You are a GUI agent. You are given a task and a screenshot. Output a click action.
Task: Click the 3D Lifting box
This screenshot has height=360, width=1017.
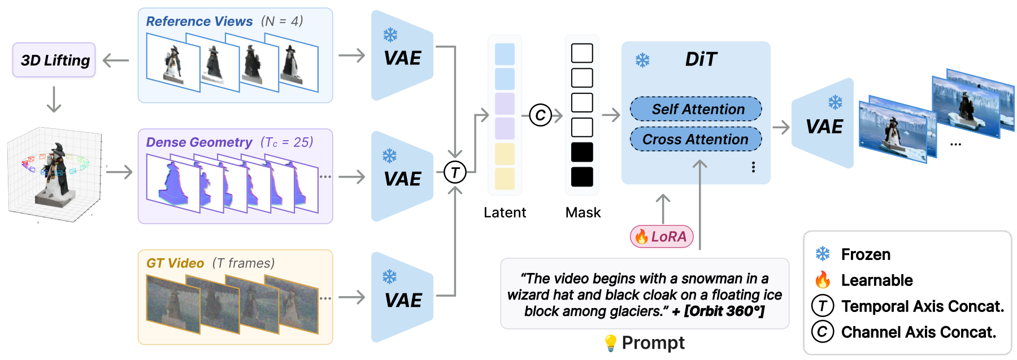tap(54, 60)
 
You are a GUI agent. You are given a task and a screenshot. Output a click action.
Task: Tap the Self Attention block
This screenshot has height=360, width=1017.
tap(696, 109)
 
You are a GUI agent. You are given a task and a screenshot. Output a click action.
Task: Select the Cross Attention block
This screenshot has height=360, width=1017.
tap(696, 139)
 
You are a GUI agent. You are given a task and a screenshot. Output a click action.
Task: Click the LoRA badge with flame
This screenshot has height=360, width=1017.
tap(662, 236)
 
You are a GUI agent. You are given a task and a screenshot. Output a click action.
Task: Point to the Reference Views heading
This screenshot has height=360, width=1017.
tap(199, 21)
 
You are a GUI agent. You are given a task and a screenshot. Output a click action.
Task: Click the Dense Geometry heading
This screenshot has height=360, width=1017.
tap(199, 142)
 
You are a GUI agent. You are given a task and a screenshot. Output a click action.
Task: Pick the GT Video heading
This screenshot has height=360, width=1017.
tap(175, 263)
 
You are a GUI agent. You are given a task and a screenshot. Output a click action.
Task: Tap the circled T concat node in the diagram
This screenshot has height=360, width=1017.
tap(455, 172)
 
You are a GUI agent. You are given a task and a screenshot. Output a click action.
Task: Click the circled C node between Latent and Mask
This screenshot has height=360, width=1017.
tap(540, 115)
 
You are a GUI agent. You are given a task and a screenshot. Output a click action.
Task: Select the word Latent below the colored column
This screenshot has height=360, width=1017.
tap(505, 212)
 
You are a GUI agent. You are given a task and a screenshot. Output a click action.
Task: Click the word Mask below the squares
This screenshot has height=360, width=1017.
tap(583, 212)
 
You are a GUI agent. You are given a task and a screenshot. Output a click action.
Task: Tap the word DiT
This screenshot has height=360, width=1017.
tap(701, 59)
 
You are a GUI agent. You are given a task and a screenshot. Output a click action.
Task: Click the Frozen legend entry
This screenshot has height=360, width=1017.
tap(853, 254)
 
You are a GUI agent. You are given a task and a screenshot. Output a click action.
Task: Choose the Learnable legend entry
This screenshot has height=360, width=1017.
tap(864, 280)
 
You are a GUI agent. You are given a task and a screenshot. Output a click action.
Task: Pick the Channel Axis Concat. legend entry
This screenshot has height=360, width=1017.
tap(904, 332)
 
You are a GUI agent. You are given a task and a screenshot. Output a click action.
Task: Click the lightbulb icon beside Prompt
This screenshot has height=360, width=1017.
tap(610, 342)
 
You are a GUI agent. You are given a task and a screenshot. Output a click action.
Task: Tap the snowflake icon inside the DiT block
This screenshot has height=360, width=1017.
tap(642, 60)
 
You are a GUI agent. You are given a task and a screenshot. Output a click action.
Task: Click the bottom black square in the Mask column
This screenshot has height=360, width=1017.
tap(582, 177)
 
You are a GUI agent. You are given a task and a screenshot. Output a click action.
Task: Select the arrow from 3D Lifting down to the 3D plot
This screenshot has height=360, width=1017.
tap(54, 99)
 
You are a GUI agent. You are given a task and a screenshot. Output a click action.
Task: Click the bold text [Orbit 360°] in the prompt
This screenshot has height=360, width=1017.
tap(724, 311)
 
